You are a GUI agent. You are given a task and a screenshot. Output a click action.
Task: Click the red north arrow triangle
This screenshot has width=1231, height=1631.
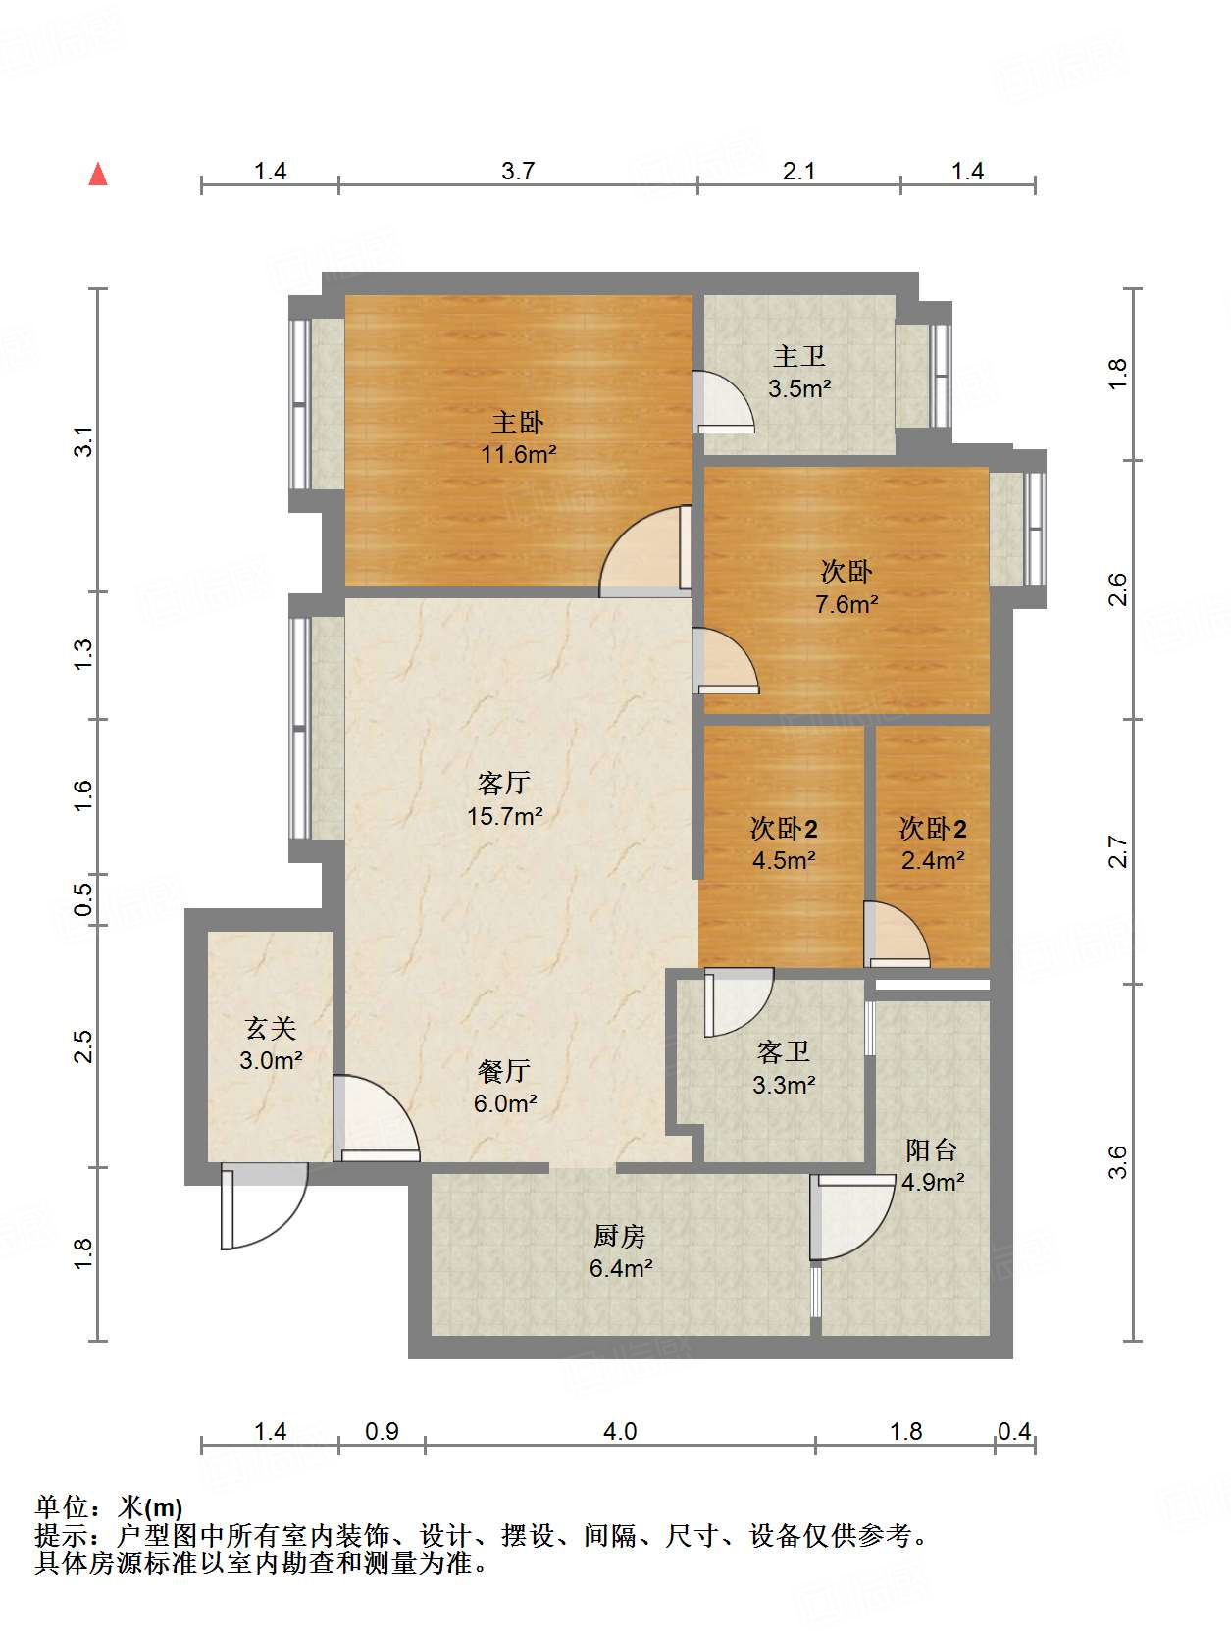coord(98,174)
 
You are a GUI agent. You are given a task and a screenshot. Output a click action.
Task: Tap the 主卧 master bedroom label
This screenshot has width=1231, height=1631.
coord(517,423)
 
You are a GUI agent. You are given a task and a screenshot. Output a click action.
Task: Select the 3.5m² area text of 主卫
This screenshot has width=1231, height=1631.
coord(799,388)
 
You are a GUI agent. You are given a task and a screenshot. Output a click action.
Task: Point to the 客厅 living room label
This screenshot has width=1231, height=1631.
coord(504,783)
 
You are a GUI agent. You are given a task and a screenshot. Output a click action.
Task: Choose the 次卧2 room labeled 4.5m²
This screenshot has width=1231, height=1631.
coord(783,843)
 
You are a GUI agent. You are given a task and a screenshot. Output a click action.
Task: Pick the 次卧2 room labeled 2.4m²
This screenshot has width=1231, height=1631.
coord(933,843)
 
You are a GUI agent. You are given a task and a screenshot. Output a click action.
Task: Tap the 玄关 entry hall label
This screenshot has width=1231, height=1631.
coord(270,1028)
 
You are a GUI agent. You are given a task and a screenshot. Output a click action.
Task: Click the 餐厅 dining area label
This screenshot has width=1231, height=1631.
coord(504,1070)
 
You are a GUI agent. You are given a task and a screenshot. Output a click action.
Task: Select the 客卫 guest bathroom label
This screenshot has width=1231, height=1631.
coord(783,1052)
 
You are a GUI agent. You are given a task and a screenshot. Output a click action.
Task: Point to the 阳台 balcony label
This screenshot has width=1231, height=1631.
coord(931,1149)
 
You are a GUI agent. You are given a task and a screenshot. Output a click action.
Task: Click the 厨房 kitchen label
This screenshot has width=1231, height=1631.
coord(620,1236)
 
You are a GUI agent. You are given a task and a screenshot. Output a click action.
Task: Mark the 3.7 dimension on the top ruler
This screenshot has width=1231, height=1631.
coord(518,171)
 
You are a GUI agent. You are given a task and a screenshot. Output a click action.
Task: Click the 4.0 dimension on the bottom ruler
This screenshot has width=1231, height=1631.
coord(620,1431)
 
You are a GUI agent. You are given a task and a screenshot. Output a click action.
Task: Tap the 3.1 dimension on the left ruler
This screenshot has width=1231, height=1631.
coord(84,440)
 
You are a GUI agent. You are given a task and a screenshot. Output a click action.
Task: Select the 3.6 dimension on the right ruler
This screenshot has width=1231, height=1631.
coord(1118,1162)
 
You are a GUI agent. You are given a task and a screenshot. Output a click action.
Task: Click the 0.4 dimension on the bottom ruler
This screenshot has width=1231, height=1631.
coord(1014,1431)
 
